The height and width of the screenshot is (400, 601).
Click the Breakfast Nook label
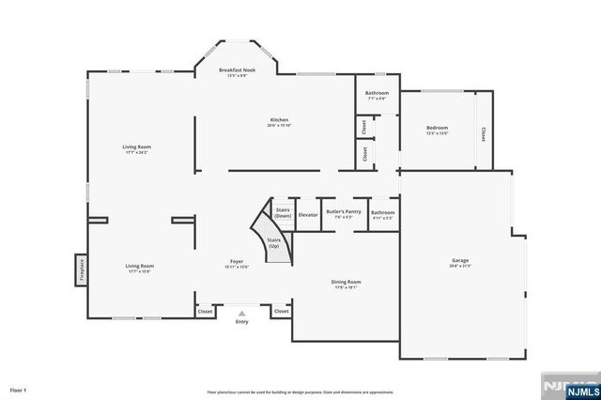pyautogui.click(x=237, y=70)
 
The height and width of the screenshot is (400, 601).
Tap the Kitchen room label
pyautogui.click(x=279, y=120)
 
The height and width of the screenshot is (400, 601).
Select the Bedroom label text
pyautogui.click(x=438, y=128)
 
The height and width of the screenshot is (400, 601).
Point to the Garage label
pyautogui.click(x=459, y=261)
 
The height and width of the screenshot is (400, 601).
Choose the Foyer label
pyautogui.click(x=237, y=262)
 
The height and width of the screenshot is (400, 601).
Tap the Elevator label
pyautogui.click(x=308, y=215)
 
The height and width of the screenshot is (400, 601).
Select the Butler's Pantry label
pyautogui.click(x=344, y=212)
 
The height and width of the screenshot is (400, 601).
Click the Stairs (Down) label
pyautogui.click(x=281, y=212)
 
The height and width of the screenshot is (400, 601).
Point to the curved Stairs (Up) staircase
pyautogui.click(x=271, y=240)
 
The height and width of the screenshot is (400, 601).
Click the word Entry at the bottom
pyautogui.click(x=242, y=322)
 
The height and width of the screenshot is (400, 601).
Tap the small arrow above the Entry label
pyautogui.click(x=242, y=314)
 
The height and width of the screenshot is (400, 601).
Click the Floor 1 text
pyautogui.click(x=19, y=389)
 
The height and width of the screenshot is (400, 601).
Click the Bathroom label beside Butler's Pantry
pyautogui.click(x=382, y=212)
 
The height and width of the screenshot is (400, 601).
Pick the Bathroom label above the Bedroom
pyautogui.click(x=377, y=93)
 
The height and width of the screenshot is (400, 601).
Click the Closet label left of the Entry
pyautogui.click(x=204, y=311)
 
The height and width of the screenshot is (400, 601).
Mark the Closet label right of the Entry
pyautogui.click(x=281, y=311)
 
